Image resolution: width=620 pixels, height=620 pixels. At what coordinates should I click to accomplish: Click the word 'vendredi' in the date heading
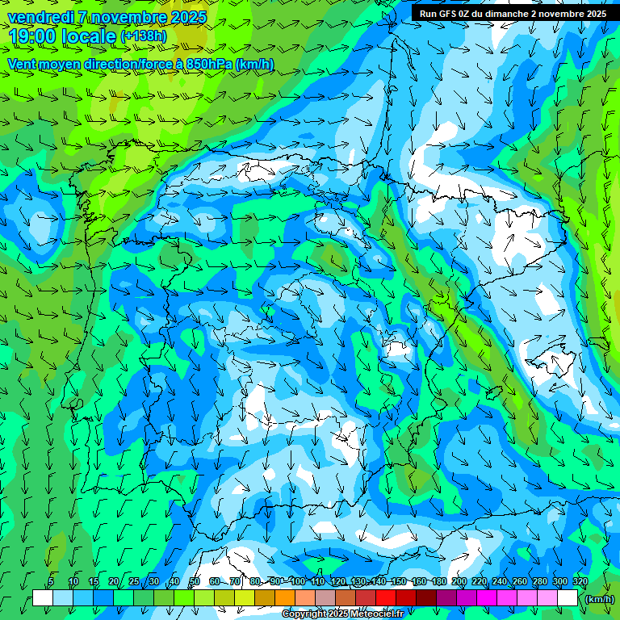tap(40, 17)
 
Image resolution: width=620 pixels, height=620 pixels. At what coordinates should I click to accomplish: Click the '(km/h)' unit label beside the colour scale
tap(598, 599)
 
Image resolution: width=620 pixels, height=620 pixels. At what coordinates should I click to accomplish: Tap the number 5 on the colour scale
tap(51, 581)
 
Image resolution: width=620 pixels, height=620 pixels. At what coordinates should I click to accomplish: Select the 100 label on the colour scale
tap(298, 581)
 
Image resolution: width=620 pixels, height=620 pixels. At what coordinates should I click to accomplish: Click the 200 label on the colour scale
tap(459, 581)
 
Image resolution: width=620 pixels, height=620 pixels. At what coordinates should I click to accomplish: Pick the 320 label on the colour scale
tap(580, 581)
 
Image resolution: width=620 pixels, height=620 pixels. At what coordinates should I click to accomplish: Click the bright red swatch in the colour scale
tap(385, 598)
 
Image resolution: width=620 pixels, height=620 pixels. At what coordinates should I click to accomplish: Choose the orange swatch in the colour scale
tap(284, 598)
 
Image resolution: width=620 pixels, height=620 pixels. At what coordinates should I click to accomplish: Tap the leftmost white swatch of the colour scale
tap(43, 598)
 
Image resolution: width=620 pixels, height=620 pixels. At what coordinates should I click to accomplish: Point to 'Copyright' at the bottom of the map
tap(305, 614)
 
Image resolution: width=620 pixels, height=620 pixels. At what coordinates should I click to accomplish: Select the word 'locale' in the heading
tap(84, 36)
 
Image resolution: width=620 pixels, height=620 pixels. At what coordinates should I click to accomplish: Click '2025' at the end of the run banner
tap(594, 14)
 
